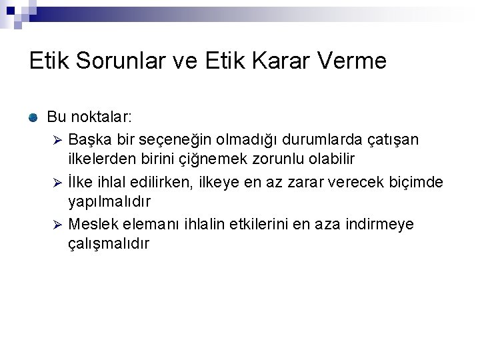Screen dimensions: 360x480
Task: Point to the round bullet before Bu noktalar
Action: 33,118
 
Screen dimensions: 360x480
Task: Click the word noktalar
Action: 89,117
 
